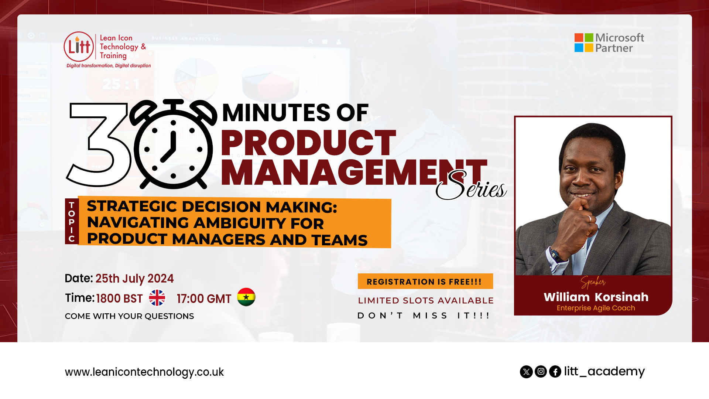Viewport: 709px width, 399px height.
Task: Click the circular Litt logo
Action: pyautogui.click(x=79, y=47)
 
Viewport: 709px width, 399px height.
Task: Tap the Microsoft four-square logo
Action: pyautogui.click(x=584, y=42)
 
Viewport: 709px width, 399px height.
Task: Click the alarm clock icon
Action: pyautogui.click(x=173, y=144)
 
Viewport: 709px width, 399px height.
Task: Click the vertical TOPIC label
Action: pyautogui.click(x=72, y=222)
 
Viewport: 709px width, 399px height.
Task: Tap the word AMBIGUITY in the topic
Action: pyautogui.click(x=240, y=223)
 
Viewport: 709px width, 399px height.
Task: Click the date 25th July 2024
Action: pyautogui.click(x=134, y=279)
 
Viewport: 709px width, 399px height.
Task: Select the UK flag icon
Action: pyautogui.click(x=157, y=298)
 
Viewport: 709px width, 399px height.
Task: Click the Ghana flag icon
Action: pyautogui.click(x=246, y=297)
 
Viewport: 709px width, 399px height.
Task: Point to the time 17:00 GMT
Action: pyautogui.click(x=204, y=299)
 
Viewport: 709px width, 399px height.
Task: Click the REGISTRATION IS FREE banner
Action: pyautogui.click(x=425, y=282)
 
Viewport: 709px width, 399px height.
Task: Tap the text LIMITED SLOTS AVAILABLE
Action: pyautogui.click(x=426, y=301)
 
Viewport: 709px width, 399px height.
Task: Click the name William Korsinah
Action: pyautogui.click(x=596, y=297)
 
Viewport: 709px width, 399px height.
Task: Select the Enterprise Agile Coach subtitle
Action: pyautogui.click(x=596, y=308)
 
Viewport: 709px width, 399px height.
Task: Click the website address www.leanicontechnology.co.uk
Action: pyautogui.click(x=144, y=372)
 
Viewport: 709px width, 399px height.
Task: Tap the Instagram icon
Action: pyautogui.click(x=541, y=371)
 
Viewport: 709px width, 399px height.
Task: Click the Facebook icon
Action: pyautogui.click(x=555, y=371)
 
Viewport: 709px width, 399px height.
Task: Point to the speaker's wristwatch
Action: pyautogui.click(x=555, y=255)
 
